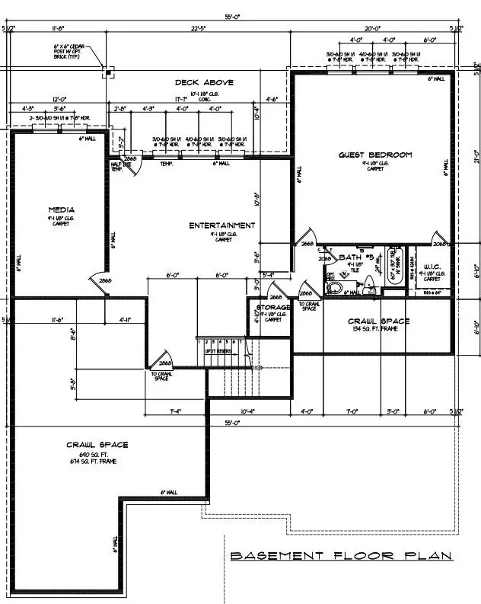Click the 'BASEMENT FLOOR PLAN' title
click(x=340, y=556)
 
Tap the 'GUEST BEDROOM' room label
click(x=374, y=155)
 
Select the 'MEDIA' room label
click(x=61, y=209)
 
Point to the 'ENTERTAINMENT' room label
click(x=222, y=225)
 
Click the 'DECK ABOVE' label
click(x=204, y=82)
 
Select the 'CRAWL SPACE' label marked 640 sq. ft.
click(x=97, y=445)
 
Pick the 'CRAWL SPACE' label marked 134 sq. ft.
click(x=378, y=321)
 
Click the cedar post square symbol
click(x=109, y=74)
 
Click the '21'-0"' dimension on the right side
click(x=475, y=156)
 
